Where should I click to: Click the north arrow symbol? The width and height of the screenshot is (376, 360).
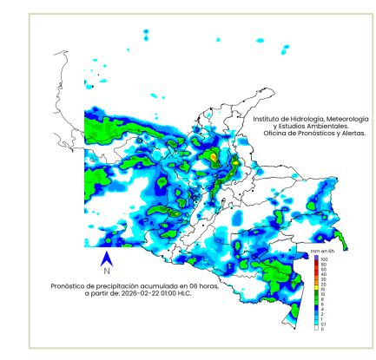tap(106, 258)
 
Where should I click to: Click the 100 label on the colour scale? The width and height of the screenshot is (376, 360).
tap(323, 259)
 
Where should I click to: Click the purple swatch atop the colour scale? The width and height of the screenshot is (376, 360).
tap(315, 259)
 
